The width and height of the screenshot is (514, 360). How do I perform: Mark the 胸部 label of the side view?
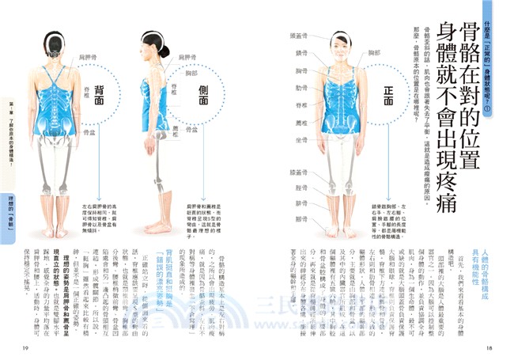pos(191,74)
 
